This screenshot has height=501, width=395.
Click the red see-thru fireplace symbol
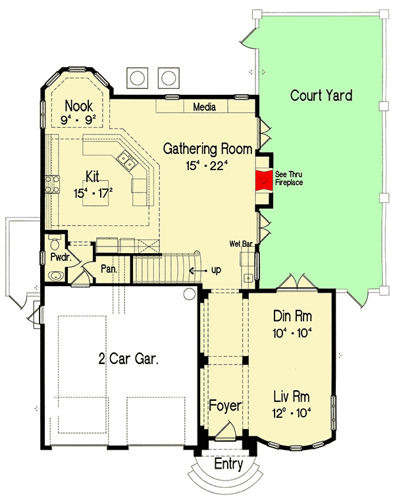[264, 181]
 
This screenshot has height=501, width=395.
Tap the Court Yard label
[321, 95]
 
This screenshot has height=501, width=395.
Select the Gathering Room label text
[207, 149]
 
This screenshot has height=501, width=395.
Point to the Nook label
[79, 105]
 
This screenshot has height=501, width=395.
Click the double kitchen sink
[126, 160]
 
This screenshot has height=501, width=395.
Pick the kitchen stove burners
[52, 185]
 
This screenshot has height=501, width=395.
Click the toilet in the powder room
[55, 242]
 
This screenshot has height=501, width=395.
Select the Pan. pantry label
[109, 269]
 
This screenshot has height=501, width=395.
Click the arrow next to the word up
[198, 271]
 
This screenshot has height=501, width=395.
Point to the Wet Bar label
[241, 244]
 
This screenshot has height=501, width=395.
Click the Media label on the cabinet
[204, 107]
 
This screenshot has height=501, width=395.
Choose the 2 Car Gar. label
[128, 359]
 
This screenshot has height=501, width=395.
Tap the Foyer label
[225, 406]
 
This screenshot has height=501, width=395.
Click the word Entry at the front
[228, 463]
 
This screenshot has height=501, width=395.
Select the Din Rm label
[292, 316]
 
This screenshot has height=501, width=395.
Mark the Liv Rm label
[291, 397]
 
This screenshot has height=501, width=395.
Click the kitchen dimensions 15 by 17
[93, 193]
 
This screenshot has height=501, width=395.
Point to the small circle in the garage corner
[189, 293]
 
